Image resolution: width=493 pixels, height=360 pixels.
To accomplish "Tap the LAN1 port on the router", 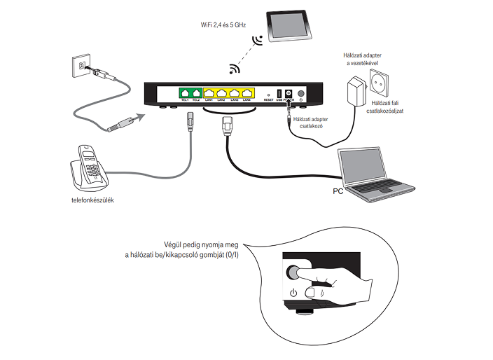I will pyautogui.click(x=209, y=92).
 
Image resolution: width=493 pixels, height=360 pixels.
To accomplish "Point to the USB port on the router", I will pyautogui.click(x=279, y=93).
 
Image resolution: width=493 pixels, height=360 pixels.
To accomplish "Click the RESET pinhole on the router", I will pyautogui.click(x=268, y=93).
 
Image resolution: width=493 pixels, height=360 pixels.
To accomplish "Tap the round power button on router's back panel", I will pyautogui.click(x=302, y=94).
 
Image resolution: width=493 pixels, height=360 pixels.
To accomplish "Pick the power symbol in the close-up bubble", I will pyautogui.click(x=293, y=293).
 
